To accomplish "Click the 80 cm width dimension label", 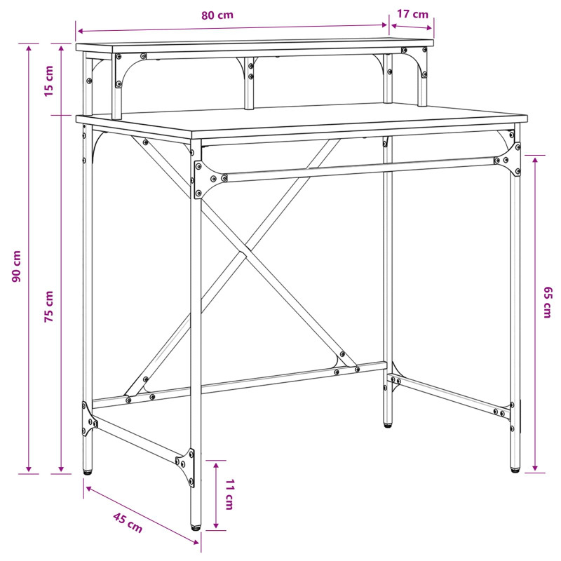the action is [x=217, y=15].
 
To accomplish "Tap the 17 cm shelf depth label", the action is [x=412, y=14].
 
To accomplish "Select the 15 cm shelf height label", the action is [x=48, y=81].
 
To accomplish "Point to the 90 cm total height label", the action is [x=17, y=266].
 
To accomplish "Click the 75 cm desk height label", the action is [x=48, y=306].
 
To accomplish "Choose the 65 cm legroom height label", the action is [x=548, y=302].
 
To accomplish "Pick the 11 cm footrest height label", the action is [x=229, y=494].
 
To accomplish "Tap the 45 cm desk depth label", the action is [x=128, y=522].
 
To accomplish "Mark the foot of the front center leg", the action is [x=196, y=527].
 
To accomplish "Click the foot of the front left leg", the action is [x=88, y=472].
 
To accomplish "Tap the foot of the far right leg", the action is [x=515, y=471].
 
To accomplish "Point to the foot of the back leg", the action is [x=388, y=425].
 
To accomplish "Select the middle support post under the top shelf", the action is [x=250, y=83].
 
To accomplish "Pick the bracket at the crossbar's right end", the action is [x=510, y=159].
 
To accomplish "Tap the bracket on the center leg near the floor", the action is [x=186, y=467].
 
